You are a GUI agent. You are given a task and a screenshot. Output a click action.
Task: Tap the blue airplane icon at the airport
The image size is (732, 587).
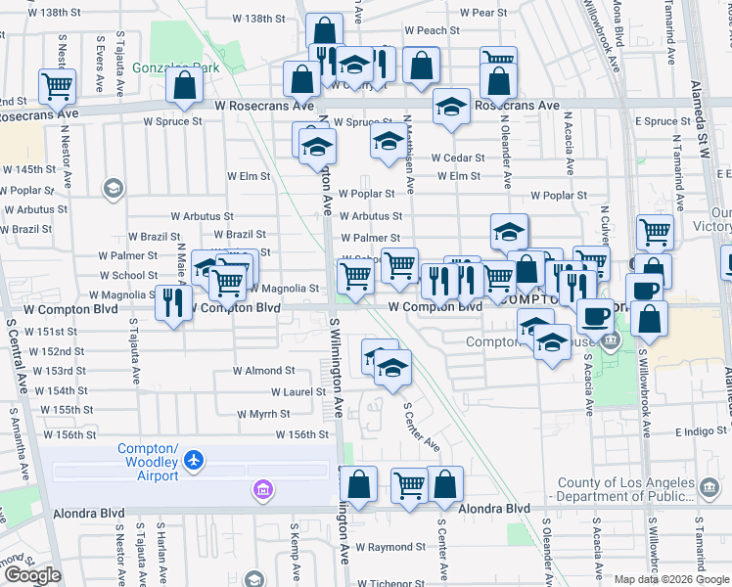(195, 458)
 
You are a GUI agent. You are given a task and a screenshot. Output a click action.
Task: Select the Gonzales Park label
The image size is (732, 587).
(177, 68)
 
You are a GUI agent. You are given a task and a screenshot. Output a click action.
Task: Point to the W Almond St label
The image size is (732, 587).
(263, 371)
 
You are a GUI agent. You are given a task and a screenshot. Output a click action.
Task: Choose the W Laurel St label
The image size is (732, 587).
(297, 391)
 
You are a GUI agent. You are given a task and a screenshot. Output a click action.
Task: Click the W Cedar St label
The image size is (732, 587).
(458, 158)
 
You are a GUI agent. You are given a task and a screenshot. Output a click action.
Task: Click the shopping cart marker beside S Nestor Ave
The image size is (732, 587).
(58, 86)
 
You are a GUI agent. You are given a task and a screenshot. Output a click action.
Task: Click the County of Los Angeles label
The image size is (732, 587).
(643, 482)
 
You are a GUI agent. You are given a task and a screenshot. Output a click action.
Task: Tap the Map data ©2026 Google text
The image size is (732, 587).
(671, 579)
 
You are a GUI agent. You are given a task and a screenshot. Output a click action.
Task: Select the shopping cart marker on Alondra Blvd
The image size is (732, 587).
(409, 483)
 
